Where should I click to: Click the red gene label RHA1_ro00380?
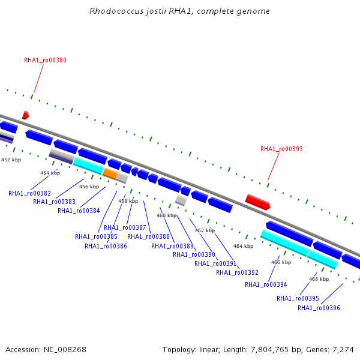pos(45,60)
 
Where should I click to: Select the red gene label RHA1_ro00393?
pos(281,149)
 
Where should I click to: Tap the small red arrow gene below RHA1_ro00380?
pos(25,115)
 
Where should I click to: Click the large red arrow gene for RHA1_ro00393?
pos(258,202)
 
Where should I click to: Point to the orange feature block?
pos(110,173)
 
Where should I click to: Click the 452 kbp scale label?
pos(11,160)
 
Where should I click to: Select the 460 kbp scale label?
pos(166,215)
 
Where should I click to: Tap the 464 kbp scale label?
pos(243,246)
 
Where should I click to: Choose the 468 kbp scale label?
pos(319,279)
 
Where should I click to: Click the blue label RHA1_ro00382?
pos(29,193)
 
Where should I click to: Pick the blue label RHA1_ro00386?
pos(106,246)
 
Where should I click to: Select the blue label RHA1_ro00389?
pos(172,246)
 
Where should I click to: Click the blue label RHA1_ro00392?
pos(237,272)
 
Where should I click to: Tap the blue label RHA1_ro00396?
pos(319,308)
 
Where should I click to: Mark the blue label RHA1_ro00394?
pos(266,284)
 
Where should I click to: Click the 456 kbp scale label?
pos(89,187)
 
